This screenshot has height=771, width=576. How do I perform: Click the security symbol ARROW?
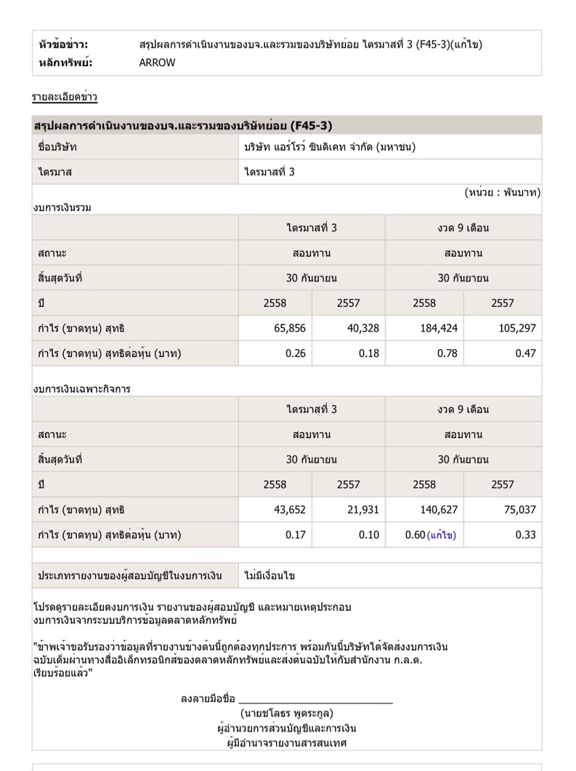157,63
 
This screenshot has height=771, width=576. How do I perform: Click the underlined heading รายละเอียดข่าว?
65,97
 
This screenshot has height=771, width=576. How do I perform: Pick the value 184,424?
439,328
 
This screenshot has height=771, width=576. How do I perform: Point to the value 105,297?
517,328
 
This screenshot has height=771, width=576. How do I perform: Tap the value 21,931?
363,510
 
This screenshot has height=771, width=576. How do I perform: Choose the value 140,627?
439,510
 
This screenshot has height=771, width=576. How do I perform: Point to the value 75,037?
517,510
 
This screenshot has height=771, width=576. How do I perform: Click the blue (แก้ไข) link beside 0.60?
442,535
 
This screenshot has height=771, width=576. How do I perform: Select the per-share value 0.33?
525,535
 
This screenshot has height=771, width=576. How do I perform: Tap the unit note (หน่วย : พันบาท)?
503,193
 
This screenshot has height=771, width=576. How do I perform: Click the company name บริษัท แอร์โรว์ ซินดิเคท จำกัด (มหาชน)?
330,147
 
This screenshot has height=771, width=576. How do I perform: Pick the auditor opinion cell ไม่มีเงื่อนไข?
270,575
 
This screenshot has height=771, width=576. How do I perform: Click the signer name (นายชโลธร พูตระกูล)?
287,714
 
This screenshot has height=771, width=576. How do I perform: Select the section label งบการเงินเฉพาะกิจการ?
81,389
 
